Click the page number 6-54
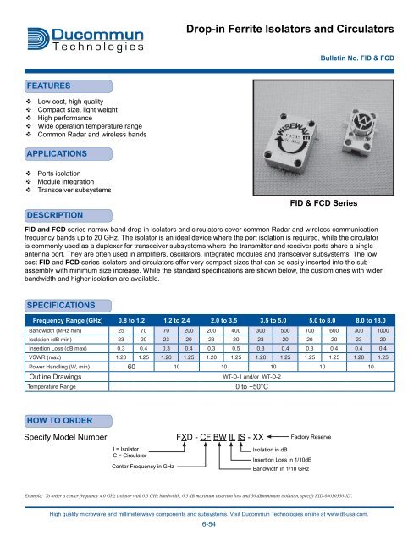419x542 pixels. [x=209, y=524]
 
